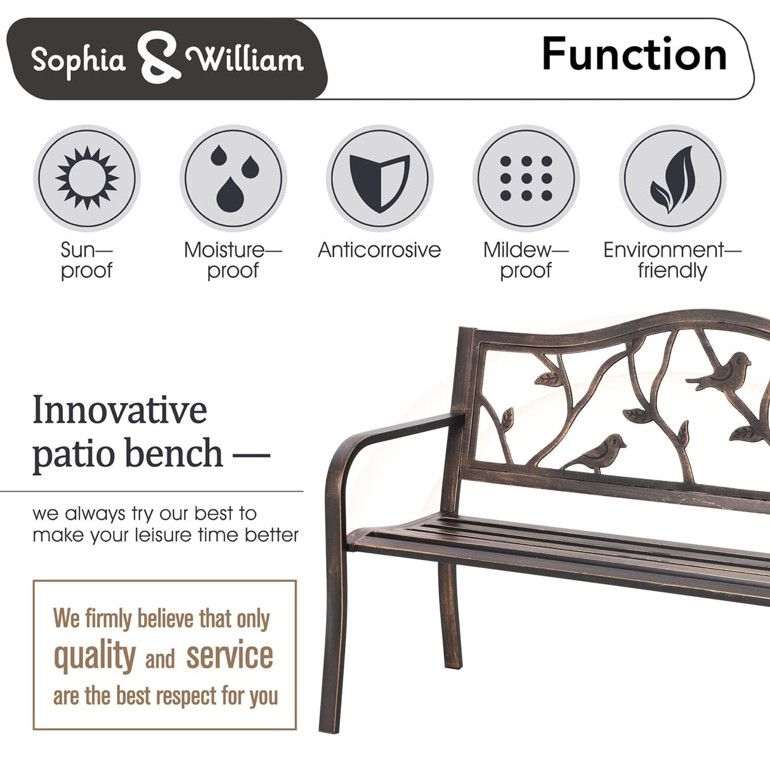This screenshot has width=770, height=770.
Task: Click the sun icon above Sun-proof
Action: (87, 178)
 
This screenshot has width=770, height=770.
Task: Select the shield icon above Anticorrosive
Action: (379, 179)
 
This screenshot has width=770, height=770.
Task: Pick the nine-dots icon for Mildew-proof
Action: (526, 178)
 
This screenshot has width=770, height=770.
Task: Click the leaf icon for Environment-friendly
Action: (672, 178)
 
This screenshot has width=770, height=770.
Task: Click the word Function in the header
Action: (634, 55)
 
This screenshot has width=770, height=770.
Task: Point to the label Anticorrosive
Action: (379, 250)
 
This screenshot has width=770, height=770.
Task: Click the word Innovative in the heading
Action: (119, 410)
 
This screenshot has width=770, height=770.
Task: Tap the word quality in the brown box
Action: (95, 656)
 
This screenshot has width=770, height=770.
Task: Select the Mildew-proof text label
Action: (526, 260)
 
